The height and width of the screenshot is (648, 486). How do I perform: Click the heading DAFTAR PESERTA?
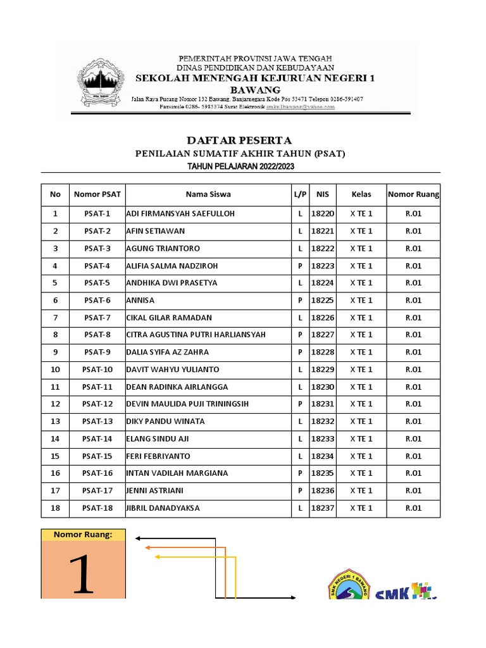point(239,140)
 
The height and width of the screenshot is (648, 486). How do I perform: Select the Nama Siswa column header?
point(208,194)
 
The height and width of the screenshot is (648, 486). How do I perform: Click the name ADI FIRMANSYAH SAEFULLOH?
point(180,214)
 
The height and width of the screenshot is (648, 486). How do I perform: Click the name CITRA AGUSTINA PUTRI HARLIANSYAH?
point(196,335)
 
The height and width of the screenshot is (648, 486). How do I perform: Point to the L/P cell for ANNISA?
point(300,301)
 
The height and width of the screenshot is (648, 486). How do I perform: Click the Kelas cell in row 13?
point(361,421)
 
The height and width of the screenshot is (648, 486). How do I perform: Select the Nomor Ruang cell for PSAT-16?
point(413,473)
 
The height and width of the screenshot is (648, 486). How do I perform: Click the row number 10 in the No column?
point(55,370)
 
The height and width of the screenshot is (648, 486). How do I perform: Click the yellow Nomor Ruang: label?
point(83,535)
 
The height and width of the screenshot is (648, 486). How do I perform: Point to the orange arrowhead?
point(148,546)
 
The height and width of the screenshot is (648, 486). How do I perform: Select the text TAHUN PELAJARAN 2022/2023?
point(240,166)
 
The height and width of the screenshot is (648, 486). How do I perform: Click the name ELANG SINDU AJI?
point(158,439)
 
